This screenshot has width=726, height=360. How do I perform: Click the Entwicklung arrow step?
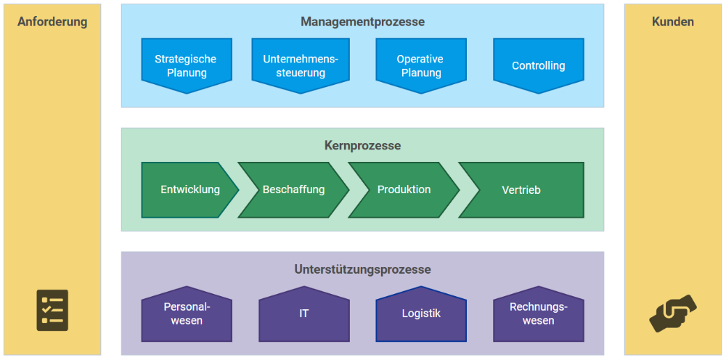click(x=189, y=189)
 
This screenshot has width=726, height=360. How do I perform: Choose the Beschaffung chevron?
click(x=293, y=189)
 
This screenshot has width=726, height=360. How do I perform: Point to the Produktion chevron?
click(x=404, y=189)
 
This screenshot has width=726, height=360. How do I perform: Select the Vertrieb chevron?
click(x=521, y=189)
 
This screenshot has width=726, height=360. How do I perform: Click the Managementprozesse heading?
click(x=362, y=22)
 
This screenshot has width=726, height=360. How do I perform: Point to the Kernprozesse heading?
click(x=362, y=146)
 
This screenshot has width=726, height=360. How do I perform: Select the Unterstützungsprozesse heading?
click(x=362, y=269)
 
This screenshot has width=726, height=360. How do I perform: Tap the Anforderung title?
click(x=52, y=22)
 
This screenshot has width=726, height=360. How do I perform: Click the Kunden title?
click(x=673, y=22)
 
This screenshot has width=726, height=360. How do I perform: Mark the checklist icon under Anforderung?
click(x=52, y=310)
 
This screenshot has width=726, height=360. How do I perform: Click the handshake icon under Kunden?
click(x=673, y=314)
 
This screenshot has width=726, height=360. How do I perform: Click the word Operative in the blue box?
click(x=420, y=60)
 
